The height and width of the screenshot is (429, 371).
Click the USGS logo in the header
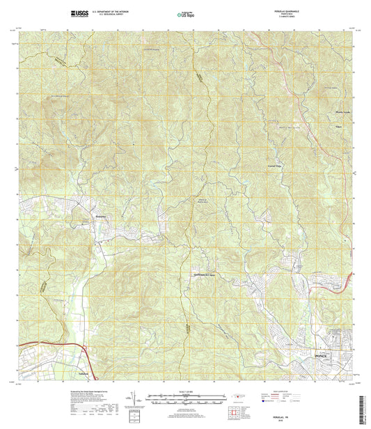79,13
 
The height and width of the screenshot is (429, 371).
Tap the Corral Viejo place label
276,166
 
